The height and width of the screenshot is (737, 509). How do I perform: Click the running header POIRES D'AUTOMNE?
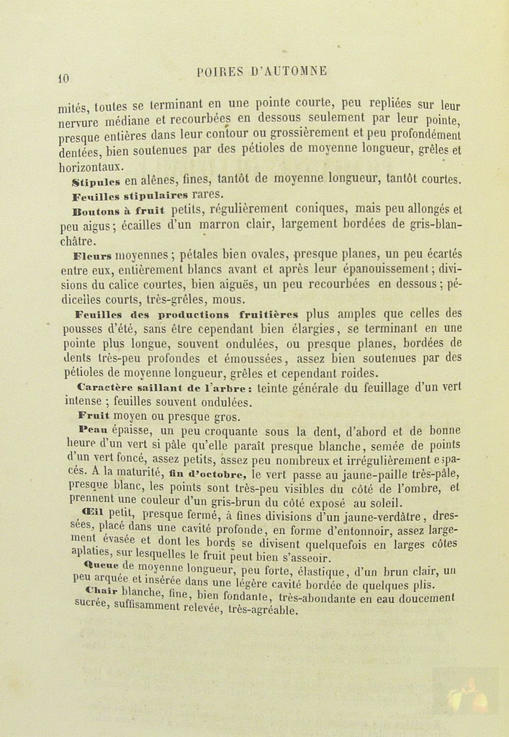262,71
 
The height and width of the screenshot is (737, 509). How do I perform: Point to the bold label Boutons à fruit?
119,210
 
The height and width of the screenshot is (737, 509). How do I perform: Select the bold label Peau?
91,430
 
